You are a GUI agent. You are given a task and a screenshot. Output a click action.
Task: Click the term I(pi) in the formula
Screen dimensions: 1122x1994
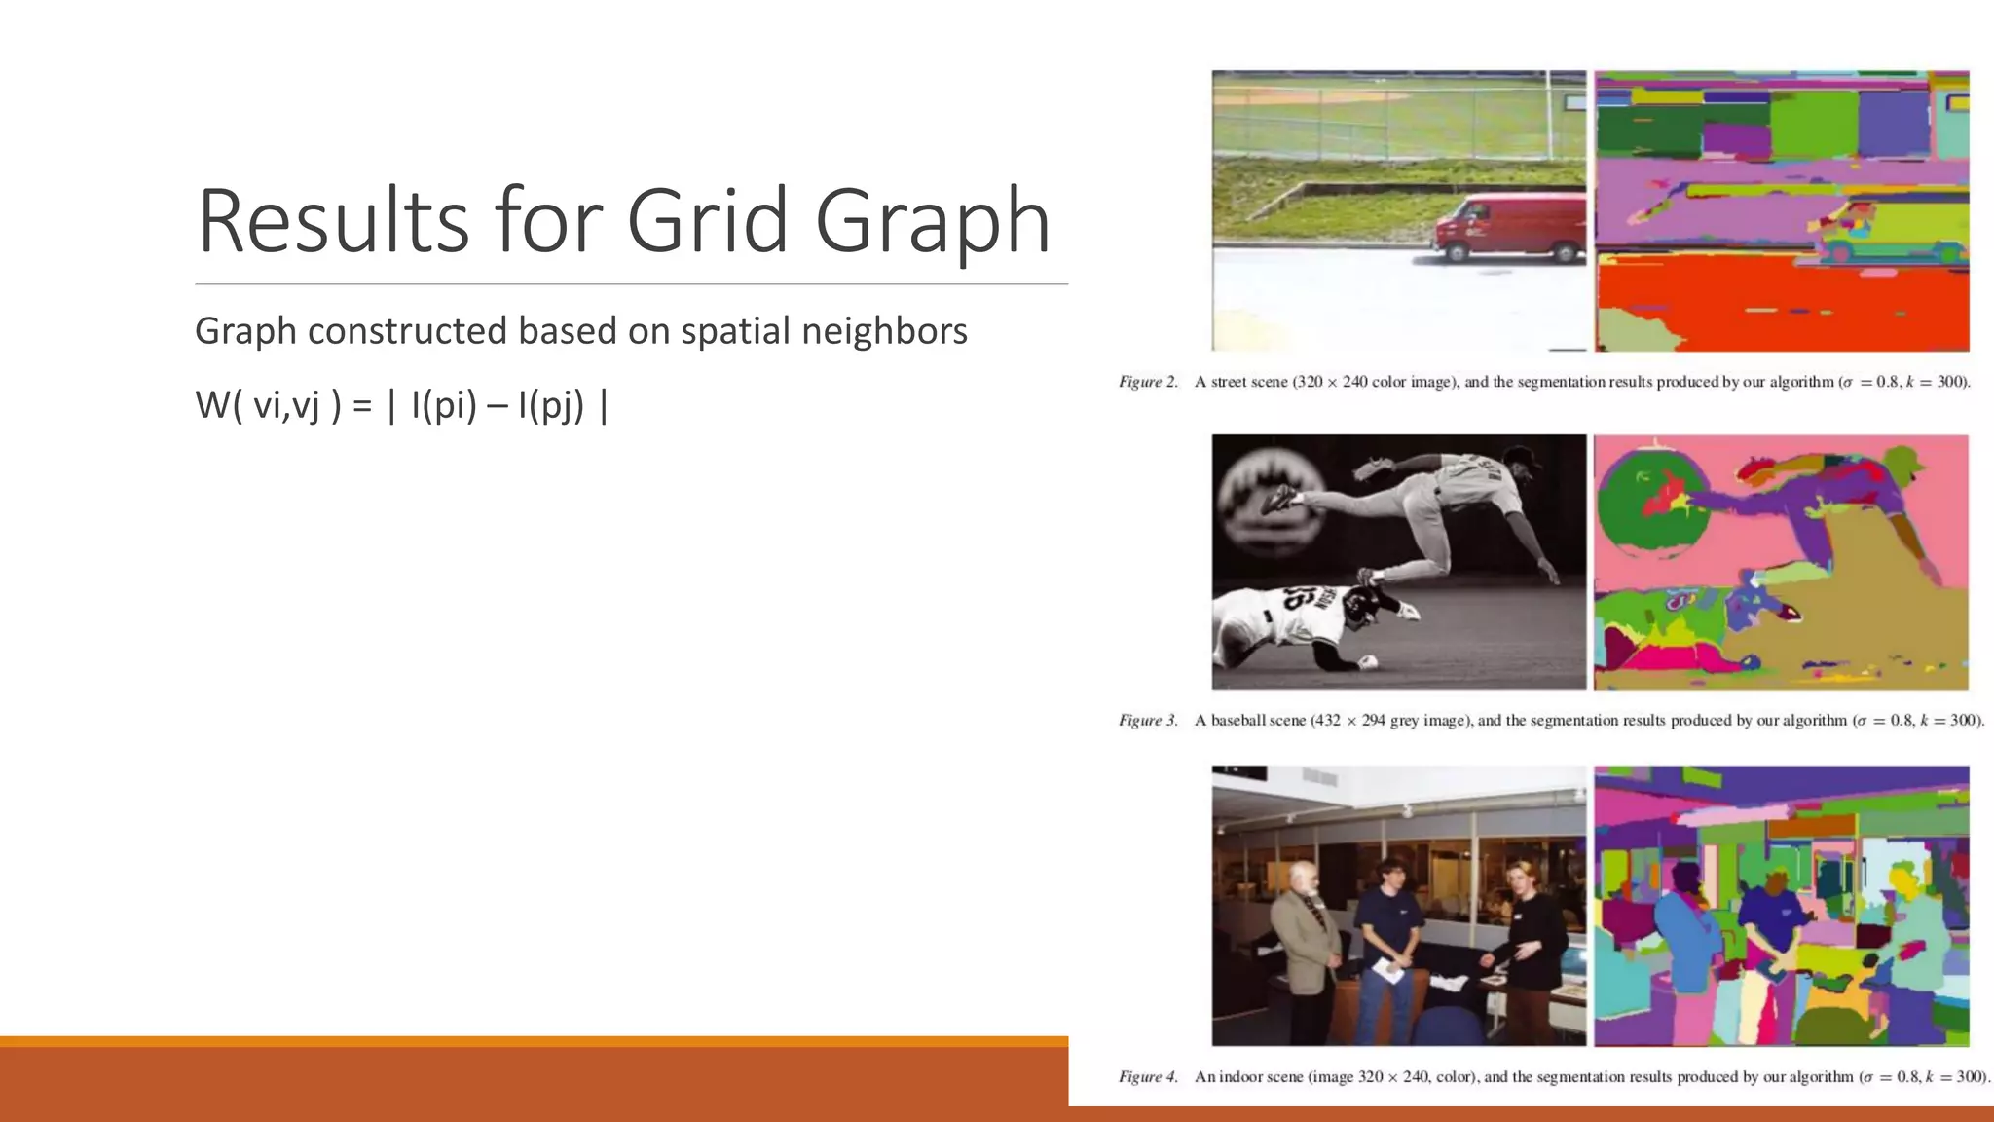[444, 405]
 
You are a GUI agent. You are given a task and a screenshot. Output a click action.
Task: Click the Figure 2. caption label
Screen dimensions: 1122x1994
[1148, 382]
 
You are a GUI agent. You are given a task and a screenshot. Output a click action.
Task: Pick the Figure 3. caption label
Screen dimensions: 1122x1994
[1148, 721]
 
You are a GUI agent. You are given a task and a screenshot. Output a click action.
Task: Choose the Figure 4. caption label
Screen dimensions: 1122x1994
[1148, 1077]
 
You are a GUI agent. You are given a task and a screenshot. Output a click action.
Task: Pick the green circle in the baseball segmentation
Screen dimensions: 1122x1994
[1653, 506]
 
